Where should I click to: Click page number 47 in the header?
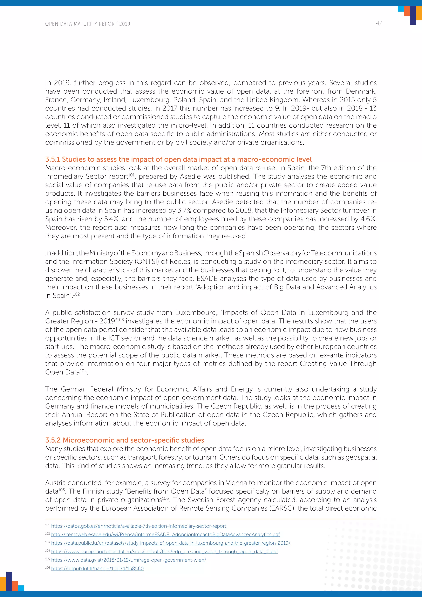pyautogui.click(x=379, y=23)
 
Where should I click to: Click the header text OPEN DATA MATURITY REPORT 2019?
pyautogui.click(x=88, y=24)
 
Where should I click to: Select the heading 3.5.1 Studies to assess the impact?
pyautogui.click(x=178, y=159)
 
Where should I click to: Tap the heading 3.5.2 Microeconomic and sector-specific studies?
pyautogui.click(x=124, y=440)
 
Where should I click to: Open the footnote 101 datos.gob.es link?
pyautogui.click(x=138, y=526)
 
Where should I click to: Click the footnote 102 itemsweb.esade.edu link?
pyautogui.click(x=165, y=535)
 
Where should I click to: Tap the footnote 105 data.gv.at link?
pyautogui.click(x=128, y=560)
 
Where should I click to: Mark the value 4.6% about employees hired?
pyautogui.click(x=368, y=219)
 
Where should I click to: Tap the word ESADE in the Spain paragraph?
pyautogui.click(x=207, y=279)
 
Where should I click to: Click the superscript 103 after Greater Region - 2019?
pyautogui.click(x=120, y=319)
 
